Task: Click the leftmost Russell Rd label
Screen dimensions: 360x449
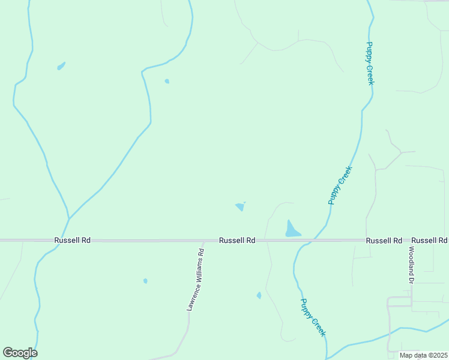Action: coord(72,240)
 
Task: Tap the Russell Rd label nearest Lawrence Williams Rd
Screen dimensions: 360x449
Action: coord(237,240)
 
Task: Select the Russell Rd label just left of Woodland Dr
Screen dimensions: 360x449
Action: coord(384,240)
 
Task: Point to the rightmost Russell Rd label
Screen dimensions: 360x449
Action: coord(430,240)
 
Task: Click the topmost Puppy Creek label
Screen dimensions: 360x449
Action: coord(370,63)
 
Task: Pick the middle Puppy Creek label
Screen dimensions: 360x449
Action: coord(340,185)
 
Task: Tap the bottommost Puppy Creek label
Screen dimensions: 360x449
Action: coord(313,317)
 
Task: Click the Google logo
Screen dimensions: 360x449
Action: coord(20,353)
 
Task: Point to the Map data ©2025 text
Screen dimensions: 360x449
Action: coord(423,355)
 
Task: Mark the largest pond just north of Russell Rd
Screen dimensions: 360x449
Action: coord(292,229)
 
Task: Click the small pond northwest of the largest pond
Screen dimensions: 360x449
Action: coord(240,207)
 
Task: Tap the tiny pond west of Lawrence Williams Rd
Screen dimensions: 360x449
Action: coord(145,281)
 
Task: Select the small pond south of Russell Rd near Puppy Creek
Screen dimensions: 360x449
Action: coord(259,295)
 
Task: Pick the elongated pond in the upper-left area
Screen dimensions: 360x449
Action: coord(61,66)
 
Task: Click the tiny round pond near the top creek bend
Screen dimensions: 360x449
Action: coord(167,81)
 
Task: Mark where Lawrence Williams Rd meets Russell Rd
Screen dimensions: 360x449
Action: coord(203,241)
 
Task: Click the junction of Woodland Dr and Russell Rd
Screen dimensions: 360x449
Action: coord(412,241)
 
